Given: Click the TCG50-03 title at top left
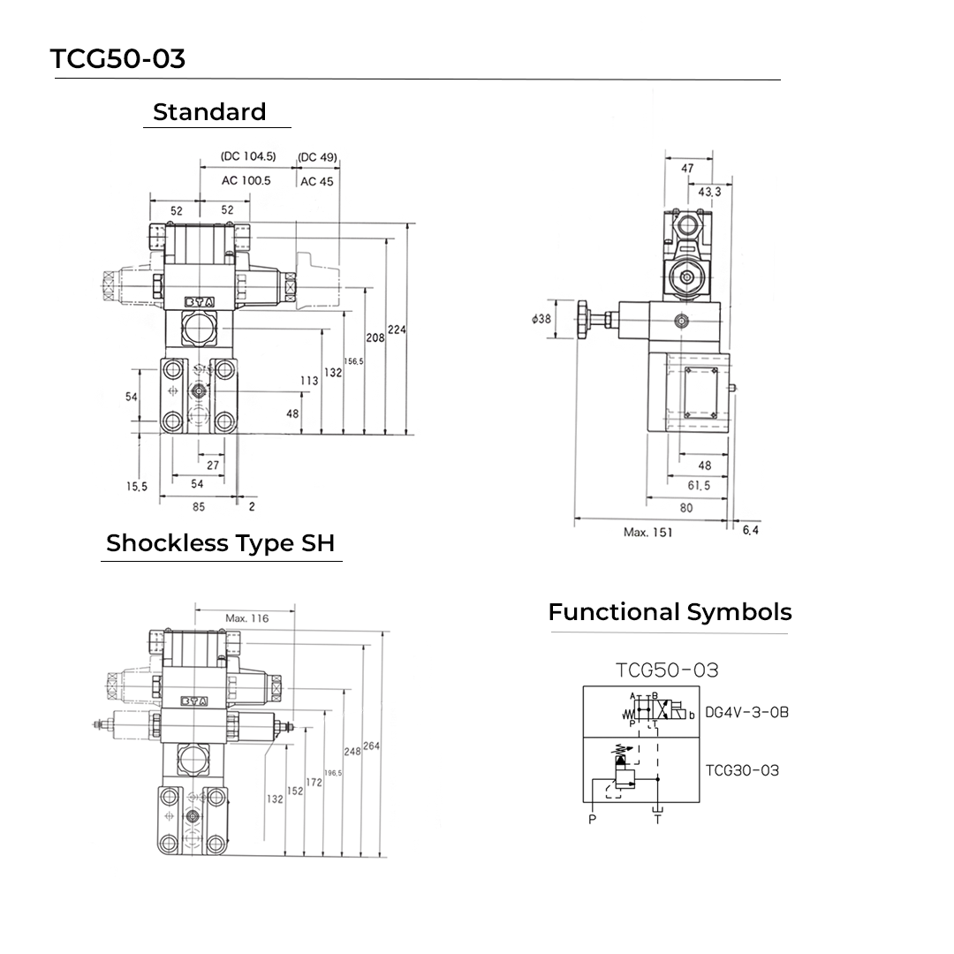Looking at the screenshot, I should pos(117,58).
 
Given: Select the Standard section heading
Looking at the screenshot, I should pos(209,112).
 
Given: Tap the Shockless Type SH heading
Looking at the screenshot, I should pos(220,543).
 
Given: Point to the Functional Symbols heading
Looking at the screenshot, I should pos(670,612).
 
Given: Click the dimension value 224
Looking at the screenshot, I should pos(397,329).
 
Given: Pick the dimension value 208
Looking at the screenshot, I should pos(375,337).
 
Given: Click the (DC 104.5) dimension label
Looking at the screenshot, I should pos(248,156).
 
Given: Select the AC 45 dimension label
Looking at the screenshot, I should pos(316,181).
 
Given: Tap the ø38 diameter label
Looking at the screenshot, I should pos(541,319).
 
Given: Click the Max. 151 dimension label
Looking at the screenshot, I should pos(647,532).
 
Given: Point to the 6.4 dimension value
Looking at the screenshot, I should pos(751,530).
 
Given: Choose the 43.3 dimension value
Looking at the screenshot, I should pos(709,191).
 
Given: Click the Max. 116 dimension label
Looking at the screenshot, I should pos(246,618).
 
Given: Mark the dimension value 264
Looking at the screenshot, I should pos(371,746).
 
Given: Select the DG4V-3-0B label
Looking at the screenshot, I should pos(746,712).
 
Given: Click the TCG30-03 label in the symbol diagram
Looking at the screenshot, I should pos(742,770).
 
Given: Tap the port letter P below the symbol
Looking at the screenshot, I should pos(592,820).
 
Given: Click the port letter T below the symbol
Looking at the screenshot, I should pos(657,820).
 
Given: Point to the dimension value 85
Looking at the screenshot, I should pos(198,507).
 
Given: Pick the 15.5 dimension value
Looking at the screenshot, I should pos(136,486).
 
